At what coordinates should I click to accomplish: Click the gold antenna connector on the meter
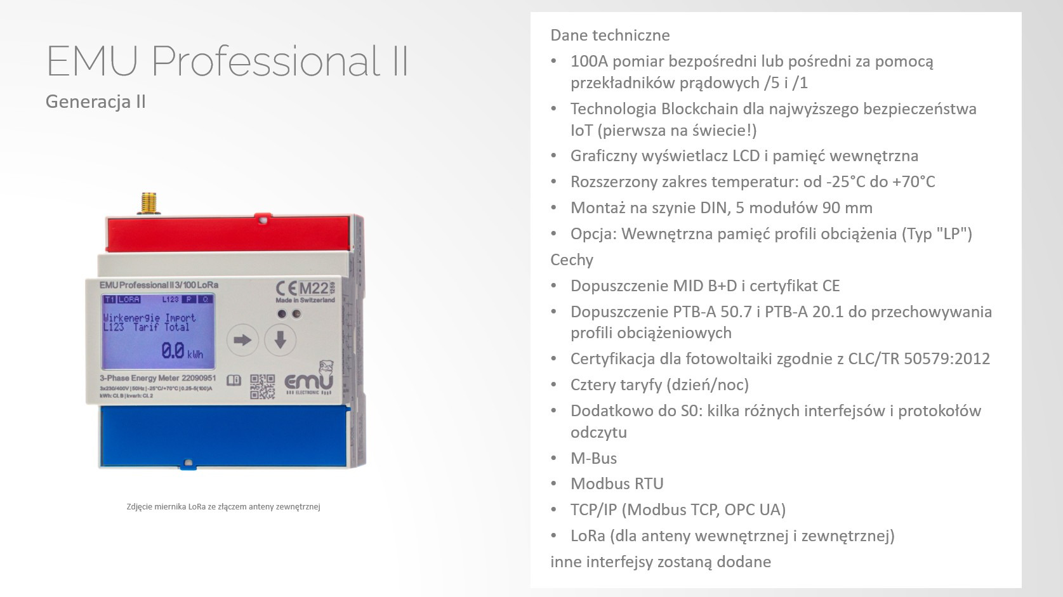tap(149, 203)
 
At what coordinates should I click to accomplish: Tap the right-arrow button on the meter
tap(242, 340)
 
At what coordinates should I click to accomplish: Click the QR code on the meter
tap(262, 386)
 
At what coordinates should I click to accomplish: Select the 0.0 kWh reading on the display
tap(182, 351)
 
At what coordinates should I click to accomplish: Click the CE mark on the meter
tap(286, 288)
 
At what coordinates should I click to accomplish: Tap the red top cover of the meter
tap(228, 233)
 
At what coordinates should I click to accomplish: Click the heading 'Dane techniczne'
tap(610, 35)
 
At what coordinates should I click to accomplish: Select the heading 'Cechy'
tap(572, 259)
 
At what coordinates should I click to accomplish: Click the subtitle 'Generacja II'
tap(96, 102)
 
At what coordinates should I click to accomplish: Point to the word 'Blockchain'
tap(698, 108)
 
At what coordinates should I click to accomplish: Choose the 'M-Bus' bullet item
tap(593, 458)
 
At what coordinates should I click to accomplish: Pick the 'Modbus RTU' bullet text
tap(617, 483)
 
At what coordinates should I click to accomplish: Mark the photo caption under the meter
tap(223, 506)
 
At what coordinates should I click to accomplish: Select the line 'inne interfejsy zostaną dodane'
tap(661, 561)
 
